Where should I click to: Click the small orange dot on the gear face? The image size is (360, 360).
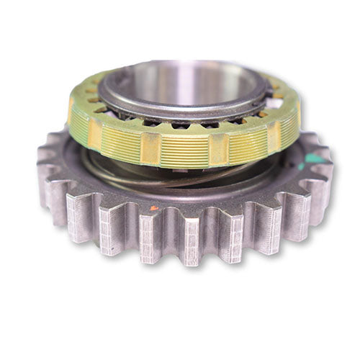153,208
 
